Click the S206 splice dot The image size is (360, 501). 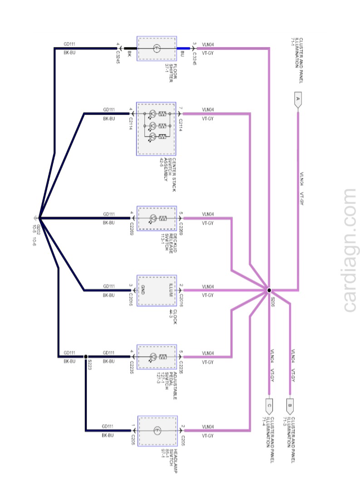pos(269,290)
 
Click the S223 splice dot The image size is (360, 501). pos(86,357)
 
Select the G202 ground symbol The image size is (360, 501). pos(36,217)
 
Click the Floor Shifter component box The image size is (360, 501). pos(157,48)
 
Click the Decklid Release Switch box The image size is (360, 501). pos(157,218)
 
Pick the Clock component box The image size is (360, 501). pos(157,290)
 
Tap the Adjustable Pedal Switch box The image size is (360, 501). pos(157,357)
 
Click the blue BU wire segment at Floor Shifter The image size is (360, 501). pos(184,48)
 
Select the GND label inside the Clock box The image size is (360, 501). pos(143,290)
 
